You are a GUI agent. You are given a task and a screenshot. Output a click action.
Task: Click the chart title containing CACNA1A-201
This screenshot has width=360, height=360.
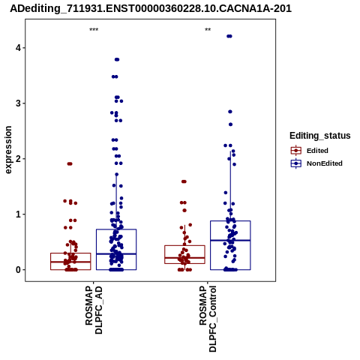pyautogui.click(x=151, y=9)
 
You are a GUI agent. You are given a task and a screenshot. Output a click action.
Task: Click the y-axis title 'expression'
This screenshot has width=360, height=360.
pyautogui.click(x=8, y=150)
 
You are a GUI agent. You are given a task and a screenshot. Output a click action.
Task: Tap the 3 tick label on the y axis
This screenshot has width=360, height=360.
pyautogui.click(x=18, y=103)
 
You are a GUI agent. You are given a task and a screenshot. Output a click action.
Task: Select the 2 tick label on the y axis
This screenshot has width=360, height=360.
pyautogui.click(x=18, y=159)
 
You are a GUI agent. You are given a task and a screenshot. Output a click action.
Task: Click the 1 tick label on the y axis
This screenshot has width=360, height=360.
pyautogui.click(x=18, y=214)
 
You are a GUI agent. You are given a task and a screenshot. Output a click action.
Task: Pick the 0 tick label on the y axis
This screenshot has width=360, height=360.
pyautogui.click(x=18, y=270)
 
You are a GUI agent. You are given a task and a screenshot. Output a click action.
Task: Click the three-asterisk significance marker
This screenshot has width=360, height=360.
pyautogui.click(x=94, y=30)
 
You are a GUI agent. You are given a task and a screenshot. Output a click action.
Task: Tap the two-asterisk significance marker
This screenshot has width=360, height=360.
pyautogui.click(x=208, y=30)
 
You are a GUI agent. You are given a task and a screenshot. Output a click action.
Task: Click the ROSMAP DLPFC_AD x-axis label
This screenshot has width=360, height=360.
pyautogui.click(x=94, y=310)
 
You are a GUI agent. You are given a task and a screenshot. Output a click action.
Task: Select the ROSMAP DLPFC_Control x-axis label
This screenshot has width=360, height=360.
pyautogui.click(x=208, y=319)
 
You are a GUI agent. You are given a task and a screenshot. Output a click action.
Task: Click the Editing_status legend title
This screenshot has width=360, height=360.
pyautogui.click(x=320, y=136)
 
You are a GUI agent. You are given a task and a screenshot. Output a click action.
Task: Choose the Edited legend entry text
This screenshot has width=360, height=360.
pyautogui.click(x=317, y=151)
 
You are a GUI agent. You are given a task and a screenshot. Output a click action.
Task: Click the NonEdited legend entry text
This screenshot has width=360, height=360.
pyautogui.click(x=325, y=163)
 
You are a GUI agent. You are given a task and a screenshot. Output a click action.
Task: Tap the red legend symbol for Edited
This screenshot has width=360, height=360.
pyautogui.click(x=296, y=151)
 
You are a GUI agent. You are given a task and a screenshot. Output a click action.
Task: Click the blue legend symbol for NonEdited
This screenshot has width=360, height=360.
pyautogui.click(x=296, y=163)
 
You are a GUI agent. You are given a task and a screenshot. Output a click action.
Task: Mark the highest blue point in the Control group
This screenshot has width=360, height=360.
pyautogui.click(x=229, y=36)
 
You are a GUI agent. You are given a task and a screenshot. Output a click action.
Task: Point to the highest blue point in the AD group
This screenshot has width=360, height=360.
pyautogui.click(x=117, y=59)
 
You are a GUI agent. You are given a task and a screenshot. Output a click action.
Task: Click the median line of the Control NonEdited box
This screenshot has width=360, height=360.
pyautogui.click(x=230, y=240)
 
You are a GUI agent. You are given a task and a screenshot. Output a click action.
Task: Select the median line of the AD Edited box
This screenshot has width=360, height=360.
pyautogui.click(x=70, y=262)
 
